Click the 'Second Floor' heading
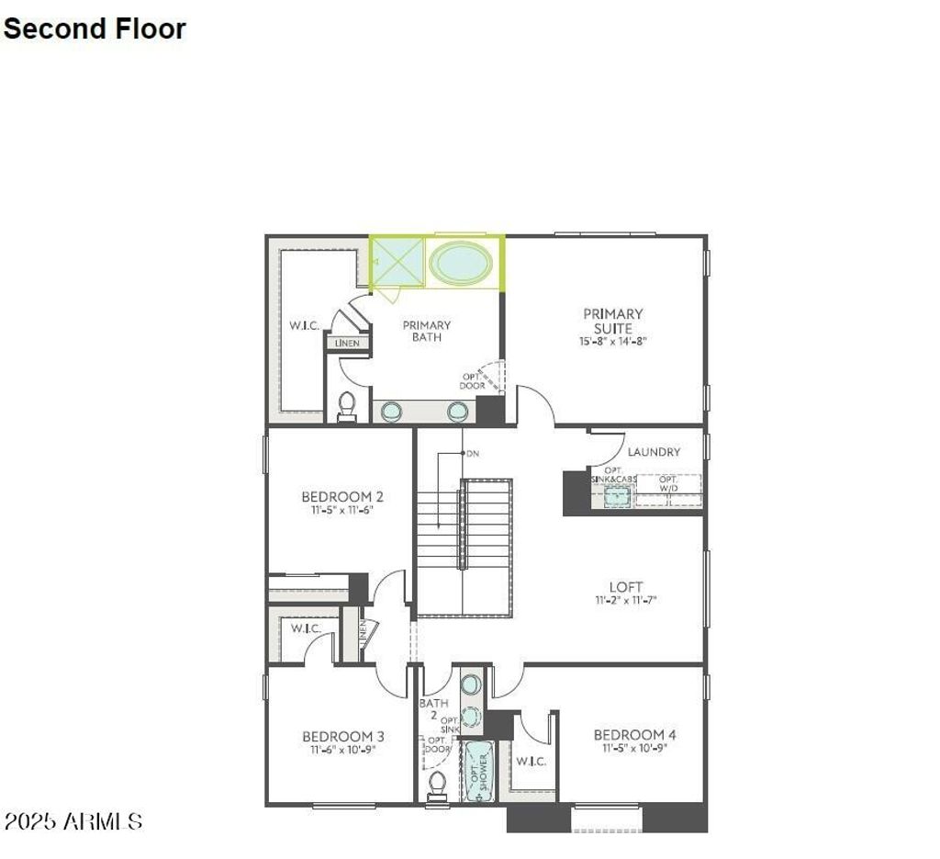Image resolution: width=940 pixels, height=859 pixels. point(95,28)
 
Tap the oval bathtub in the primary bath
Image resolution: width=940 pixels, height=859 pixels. point(461,263)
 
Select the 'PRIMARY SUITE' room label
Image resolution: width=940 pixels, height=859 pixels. point(613,321)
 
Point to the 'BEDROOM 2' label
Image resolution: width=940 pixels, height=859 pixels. point(342,497)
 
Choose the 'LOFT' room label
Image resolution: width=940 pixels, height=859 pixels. point(626,586)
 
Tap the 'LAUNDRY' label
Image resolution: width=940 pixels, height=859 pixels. point(654,452)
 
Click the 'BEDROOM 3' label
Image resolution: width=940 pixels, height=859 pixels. point(343,736)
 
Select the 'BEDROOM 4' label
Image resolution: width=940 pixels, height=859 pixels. point(634,734)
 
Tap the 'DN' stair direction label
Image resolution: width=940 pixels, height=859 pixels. point(473,454)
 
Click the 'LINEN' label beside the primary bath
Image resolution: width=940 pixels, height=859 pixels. point(347,344)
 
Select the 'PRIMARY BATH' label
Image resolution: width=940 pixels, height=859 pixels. point(427,331)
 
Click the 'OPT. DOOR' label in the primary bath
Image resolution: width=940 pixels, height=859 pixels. point(472,381)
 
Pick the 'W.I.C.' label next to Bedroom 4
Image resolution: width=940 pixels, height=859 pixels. point(531,761)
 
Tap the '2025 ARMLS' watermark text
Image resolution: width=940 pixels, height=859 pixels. point(73,820)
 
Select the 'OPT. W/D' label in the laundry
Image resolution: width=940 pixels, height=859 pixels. point(668,484)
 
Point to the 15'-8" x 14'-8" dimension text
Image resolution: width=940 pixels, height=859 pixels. point(613,340)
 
